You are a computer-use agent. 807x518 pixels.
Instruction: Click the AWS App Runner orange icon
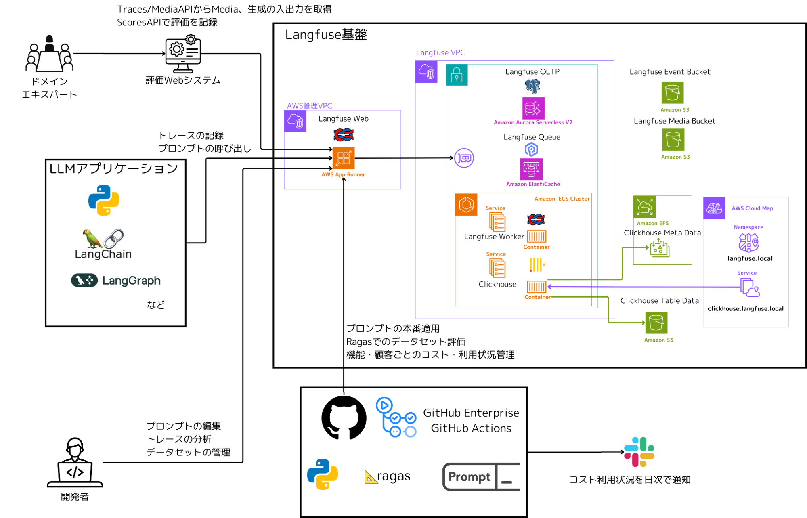click(343, 158)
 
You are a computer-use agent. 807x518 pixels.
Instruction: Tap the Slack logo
click(639, 452)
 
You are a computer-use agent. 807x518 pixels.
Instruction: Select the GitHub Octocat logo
click(344, 417)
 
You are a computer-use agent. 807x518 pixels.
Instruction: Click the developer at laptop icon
click(75, 463)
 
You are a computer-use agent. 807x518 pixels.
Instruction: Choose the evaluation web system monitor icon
click(183, 54)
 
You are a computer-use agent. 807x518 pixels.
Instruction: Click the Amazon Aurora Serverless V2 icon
click(533, 108)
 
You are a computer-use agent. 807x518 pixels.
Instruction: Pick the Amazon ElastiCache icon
click(531, 169)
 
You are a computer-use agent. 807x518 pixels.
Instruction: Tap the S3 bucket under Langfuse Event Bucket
click(672, 93)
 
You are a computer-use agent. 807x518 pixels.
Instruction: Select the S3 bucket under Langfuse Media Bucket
click(673, 140)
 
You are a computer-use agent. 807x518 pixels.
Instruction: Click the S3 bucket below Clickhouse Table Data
click(656, 323)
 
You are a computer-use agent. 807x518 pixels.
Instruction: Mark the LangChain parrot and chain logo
click(103, 239)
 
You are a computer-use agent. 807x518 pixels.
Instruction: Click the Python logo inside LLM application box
click(104, 200)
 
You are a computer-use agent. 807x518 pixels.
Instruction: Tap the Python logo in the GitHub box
click(322, 474)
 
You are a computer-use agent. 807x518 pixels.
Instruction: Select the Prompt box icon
click(481, 477)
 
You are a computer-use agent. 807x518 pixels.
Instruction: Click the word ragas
click(394, 476)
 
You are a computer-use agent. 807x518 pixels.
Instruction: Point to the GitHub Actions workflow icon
click(396, 417)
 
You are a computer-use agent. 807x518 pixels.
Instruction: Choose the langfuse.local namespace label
click(750, 258)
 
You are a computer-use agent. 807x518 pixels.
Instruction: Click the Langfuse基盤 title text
click(326, 35)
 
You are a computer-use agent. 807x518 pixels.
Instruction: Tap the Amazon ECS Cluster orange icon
click(466, 205)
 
